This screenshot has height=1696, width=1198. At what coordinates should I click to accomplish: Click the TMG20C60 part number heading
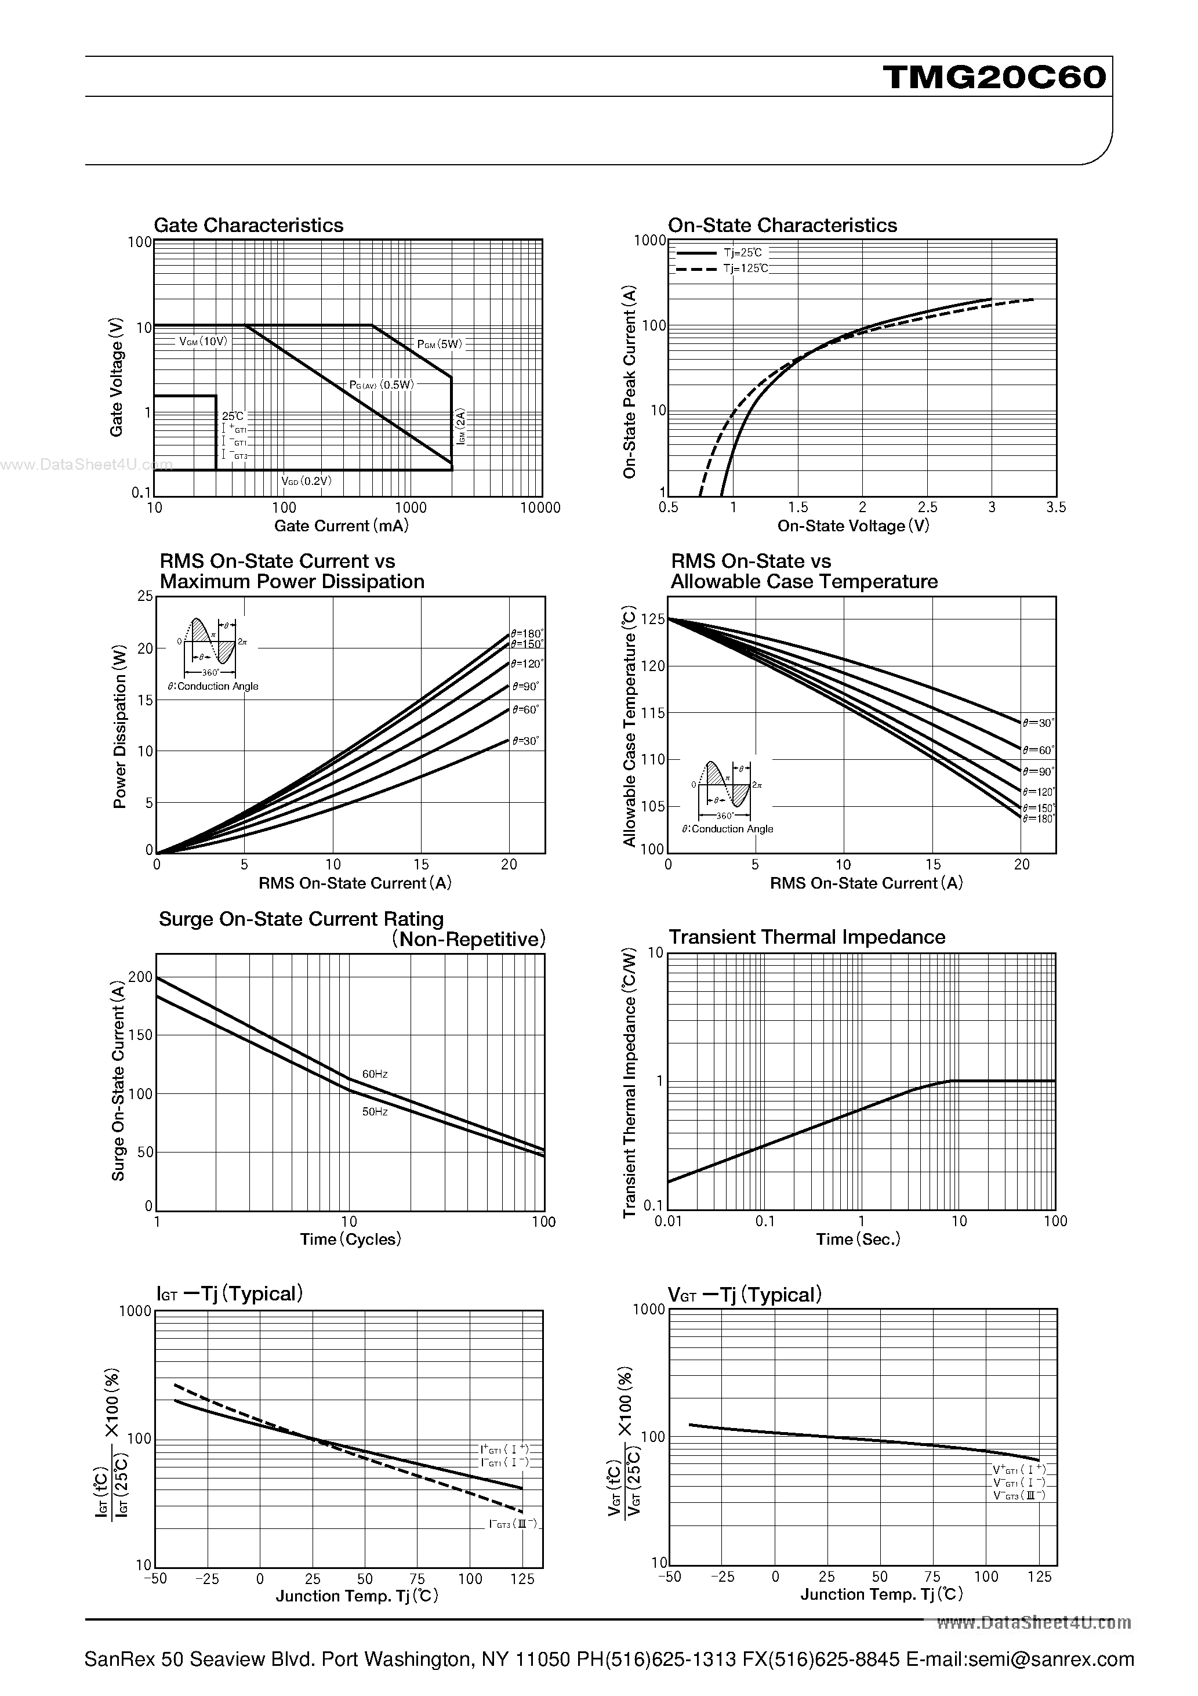pyautogui.click(x=994, y=77)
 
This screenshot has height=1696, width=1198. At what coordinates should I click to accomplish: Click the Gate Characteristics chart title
pyautogui.click(x=248, y=225)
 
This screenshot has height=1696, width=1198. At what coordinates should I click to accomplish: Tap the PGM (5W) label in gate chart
pyautogui.click(x=440, y=344)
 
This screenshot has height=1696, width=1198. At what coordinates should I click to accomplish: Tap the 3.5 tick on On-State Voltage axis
pyautogui.click(x=1056, y=508)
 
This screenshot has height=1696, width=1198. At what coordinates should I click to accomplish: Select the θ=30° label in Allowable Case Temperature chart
pyautogui.click(x=1039, y=723)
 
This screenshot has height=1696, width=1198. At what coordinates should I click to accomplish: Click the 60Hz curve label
pyautogui.click(x=375, y=1074)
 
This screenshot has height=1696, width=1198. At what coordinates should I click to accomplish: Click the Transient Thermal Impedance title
pyautogui.click(x=807, y=937)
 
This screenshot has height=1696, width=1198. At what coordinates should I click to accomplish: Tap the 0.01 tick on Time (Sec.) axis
pyautogui.click(x=669, y=1222)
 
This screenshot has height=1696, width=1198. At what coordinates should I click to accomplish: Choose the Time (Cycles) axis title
pyautogui.click(x=350, y=1240)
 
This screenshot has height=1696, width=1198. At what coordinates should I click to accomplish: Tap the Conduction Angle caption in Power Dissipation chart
pyautogui.click(x=213, y=686)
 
